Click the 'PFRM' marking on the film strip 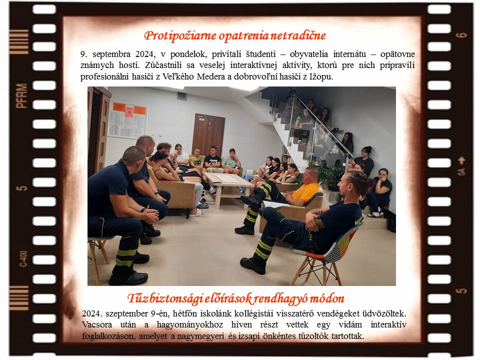pos(21,96)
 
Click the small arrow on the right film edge pos(461,160)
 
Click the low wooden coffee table pos(228,186)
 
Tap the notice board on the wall pos(127,119)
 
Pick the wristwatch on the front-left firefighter pos(142,210)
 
